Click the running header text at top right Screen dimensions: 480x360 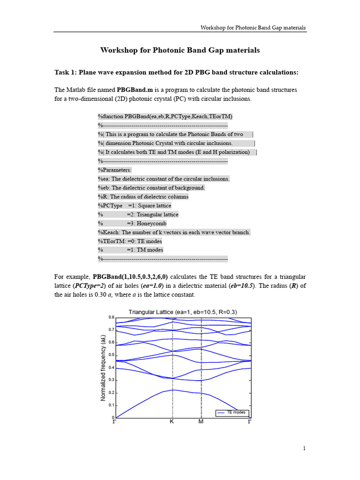pos(253,28)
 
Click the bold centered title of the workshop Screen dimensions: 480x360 pos(180,50)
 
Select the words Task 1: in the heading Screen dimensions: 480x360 pos(66,72)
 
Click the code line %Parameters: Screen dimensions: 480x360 pos(115,170)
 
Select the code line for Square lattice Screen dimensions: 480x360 pos(135,205)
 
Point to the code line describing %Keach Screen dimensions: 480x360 pos(174,232)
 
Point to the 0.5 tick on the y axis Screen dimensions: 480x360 pos(112,355)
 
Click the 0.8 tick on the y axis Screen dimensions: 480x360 pos(112,317)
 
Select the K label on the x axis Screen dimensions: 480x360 pos(172,422)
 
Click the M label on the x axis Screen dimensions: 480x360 pos(201,422)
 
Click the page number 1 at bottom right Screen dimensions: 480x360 pos(304,449)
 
